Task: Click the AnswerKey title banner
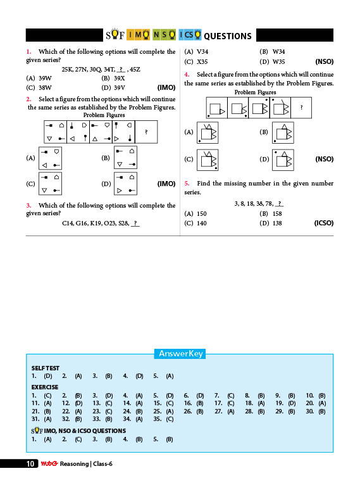pyautogui.click(x=180, y=353)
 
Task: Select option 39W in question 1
pyautogui.click(x=45, y=78)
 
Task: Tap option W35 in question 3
pyautogui.click(x=278, y=62)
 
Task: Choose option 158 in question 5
pyautogui.click(x=277, y=214)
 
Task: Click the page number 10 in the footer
pyautogui.click(x=30, y=464)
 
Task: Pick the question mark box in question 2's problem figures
pyautogui.click(x=146, y=132)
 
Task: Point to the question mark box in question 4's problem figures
pyautogui.click(x=301, y=108)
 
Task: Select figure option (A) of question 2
pyautogui.click(x=50, y=158)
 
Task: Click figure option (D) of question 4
pyautogui.click(x=283, y=160)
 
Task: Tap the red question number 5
pyautogui.click(x=187, y=184)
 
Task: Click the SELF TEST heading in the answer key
pyautogui.click(x=46, y=368)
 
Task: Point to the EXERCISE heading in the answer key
pyautogui.click(x=45, y=387)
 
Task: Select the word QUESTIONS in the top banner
pyautogui.click(x=228, y=36)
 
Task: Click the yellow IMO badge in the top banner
pyautogui.click(x=139, y=35)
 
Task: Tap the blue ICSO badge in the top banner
pyautogui.click(x=190, y=35)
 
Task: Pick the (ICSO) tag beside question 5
pyautogui.click(x=324, y=223)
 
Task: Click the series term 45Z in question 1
pyautogui.click(x=135, y=70)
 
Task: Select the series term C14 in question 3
pyautogui.click(x=67, y=223)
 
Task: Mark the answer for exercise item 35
pyautogui.click(x=170, y=419)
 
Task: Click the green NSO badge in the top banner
pyautogui.click(x=164, y=35)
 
